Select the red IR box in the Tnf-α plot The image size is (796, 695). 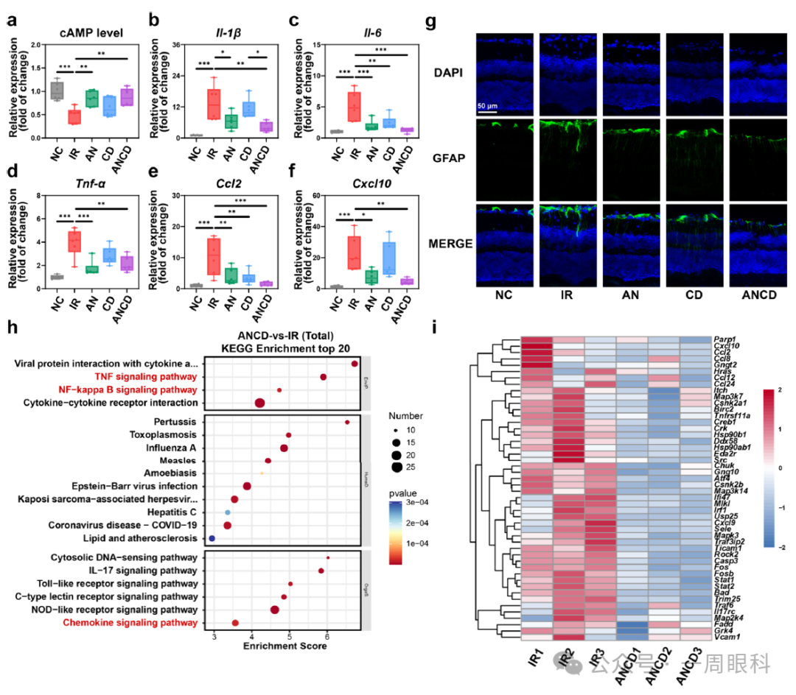74,241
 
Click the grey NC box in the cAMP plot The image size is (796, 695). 57,90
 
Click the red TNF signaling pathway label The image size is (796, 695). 146,376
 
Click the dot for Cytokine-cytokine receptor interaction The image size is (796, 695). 259,403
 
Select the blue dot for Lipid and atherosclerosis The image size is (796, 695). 212,539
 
